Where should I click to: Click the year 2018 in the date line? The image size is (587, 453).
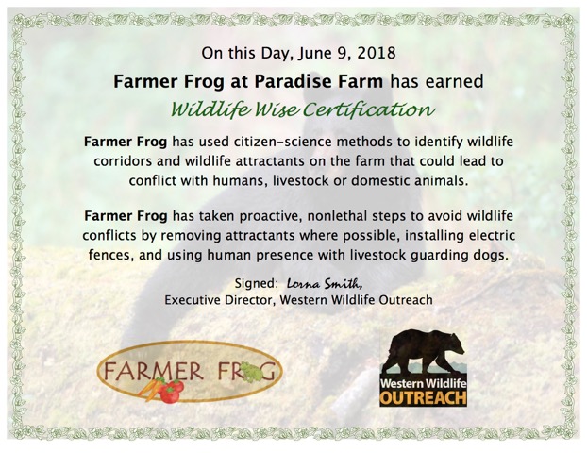pos(377,53)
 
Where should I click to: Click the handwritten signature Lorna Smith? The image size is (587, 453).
pos(325,284)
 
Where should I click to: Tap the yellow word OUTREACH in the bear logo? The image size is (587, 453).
pos(423,398)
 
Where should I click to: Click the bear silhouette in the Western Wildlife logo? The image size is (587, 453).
pos(425,350)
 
